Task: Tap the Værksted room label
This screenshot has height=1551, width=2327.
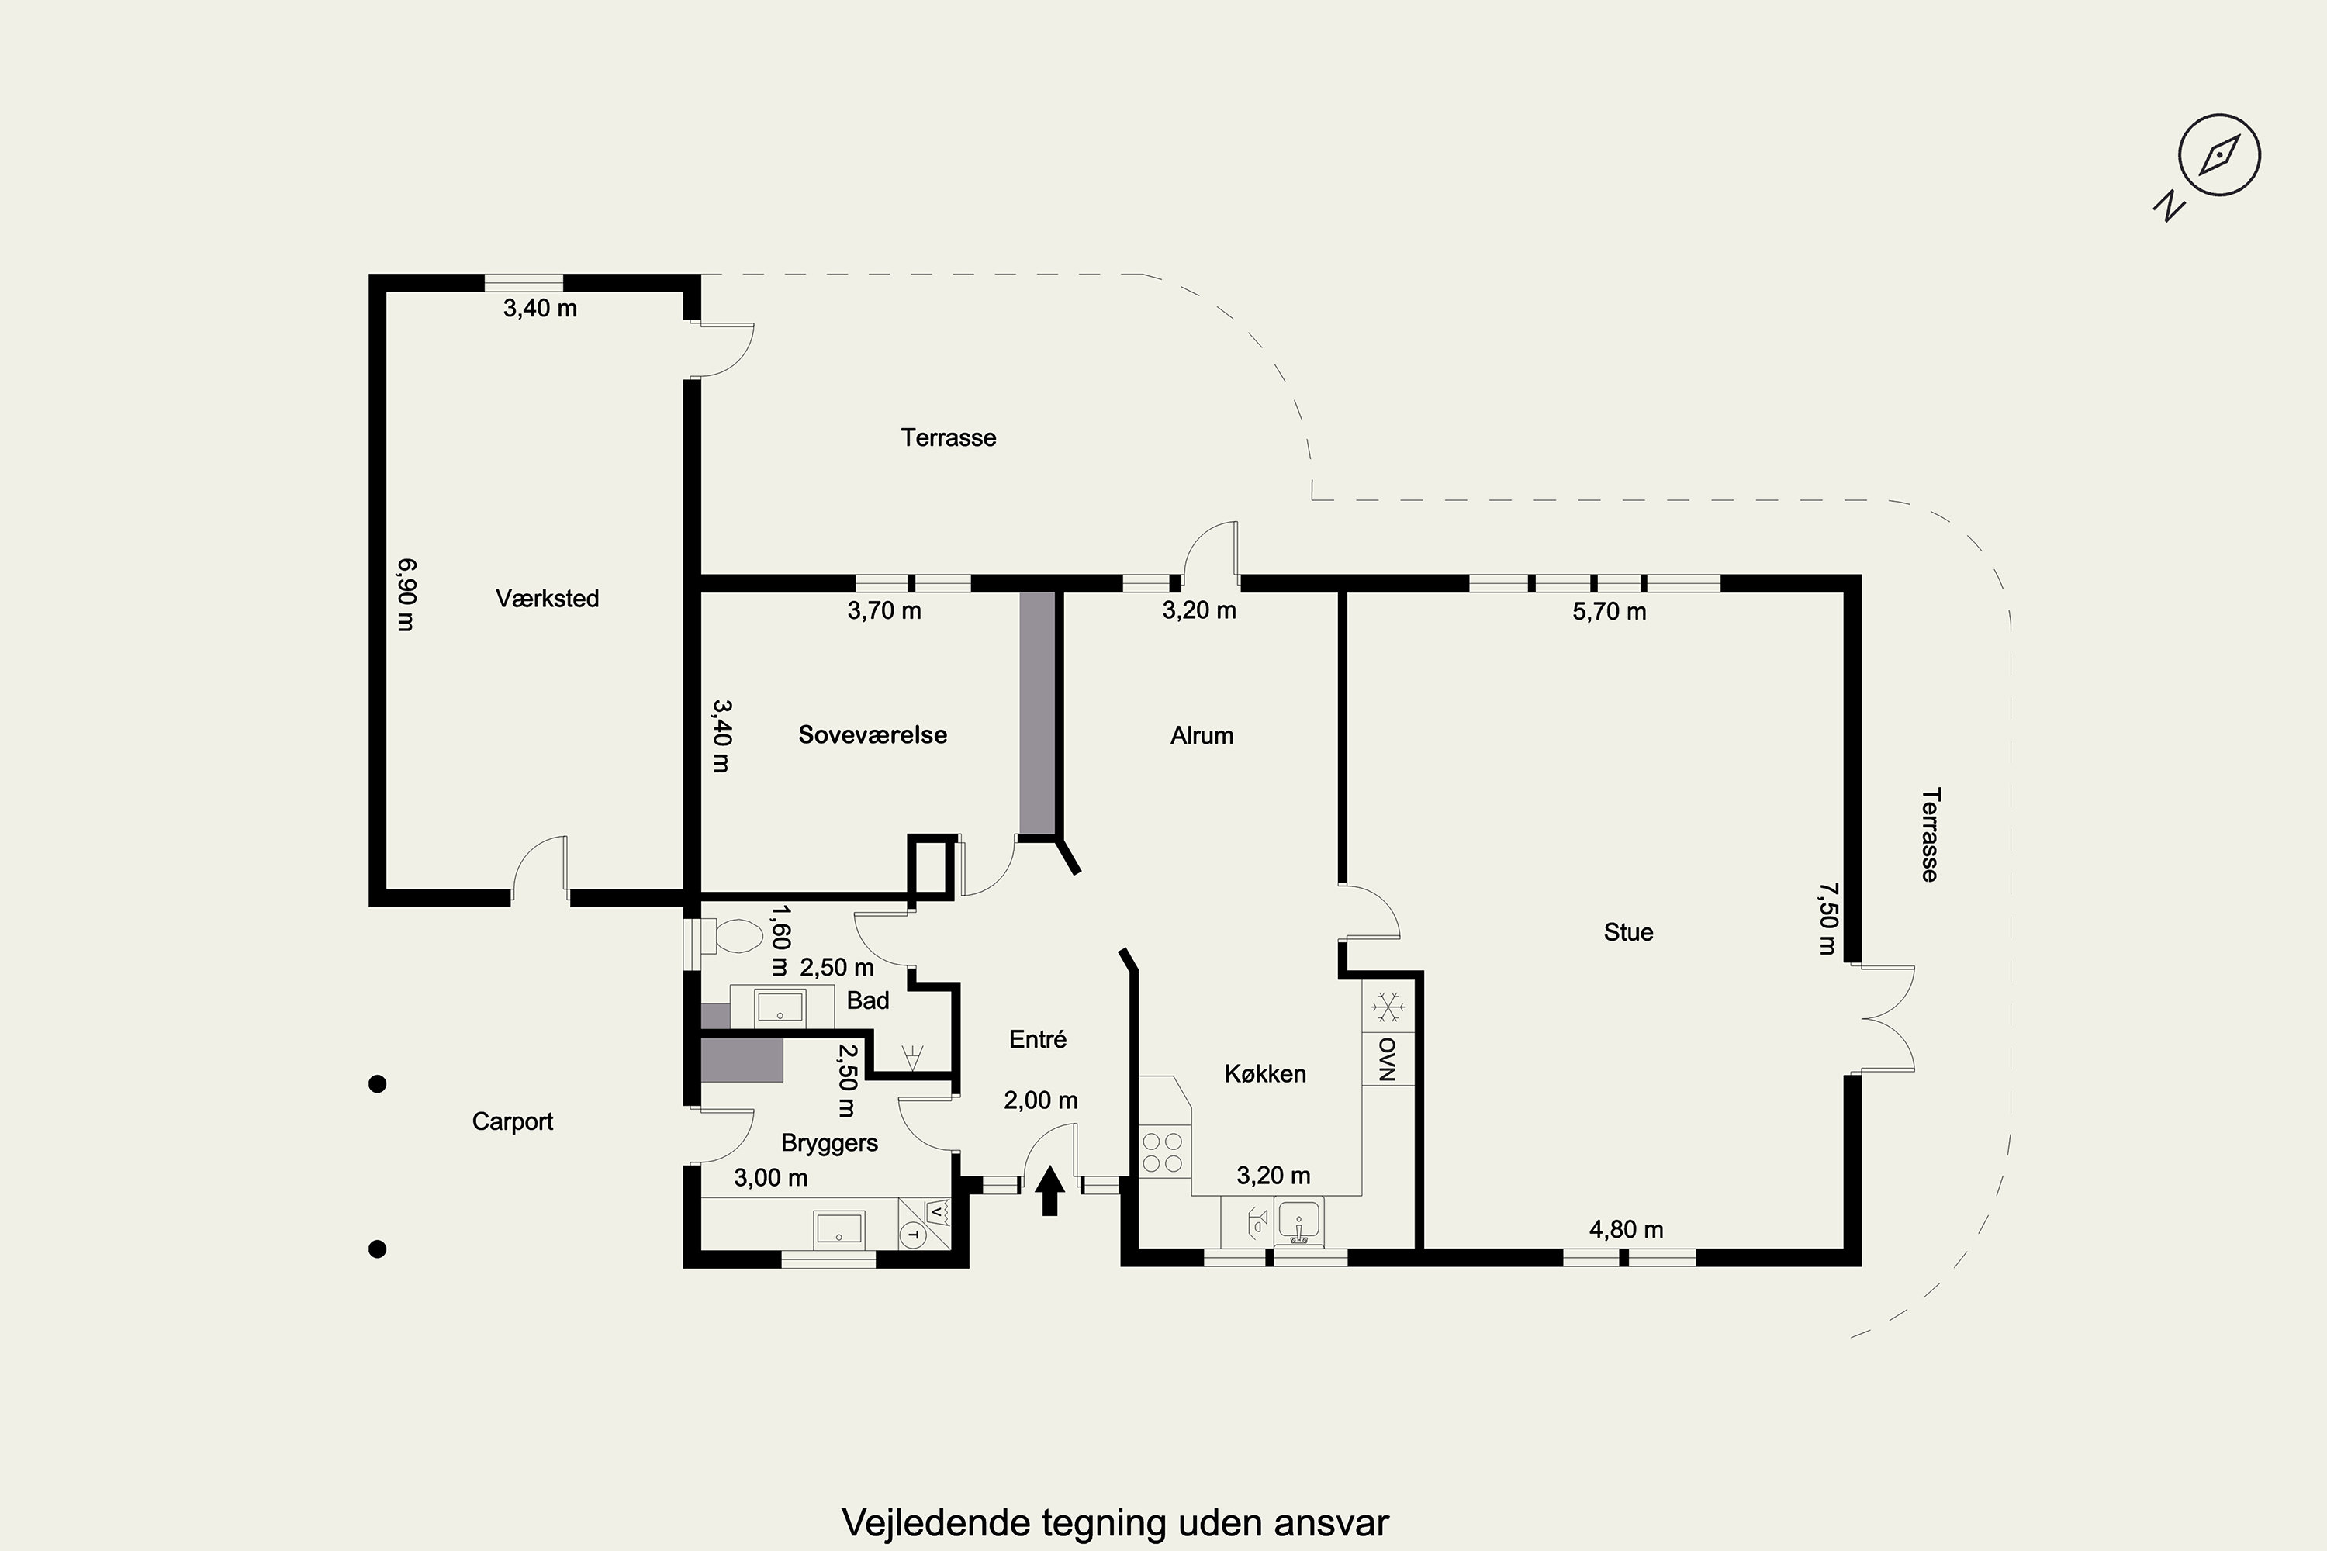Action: tap(547, 599)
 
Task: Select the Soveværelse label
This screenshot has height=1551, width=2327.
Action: tap(873, 735)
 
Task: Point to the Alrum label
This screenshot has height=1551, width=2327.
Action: tap(1202, 736)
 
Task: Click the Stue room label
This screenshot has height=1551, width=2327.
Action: tap(1628, 932)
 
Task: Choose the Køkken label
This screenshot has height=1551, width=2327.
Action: tap(1265, 1073)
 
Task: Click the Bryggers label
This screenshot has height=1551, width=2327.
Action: tap(829, 1143)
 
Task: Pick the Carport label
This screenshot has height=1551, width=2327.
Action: tap(513, 1121)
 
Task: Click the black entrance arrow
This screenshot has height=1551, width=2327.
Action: tap(1049, 1190)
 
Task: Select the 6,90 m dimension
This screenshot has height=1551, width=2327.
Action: tap(406, 595)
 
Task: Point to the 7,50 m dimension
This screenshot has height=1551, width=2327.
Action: tap(1827, 918)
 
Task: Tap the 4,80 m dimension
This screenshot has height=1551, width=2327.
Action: tap(1627, 1229)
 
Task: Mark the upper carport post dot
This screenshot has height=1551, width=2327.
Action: tap(377, 1084)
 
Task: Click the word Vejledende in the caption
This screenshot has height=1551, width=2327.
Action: tap(934, 1522)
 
